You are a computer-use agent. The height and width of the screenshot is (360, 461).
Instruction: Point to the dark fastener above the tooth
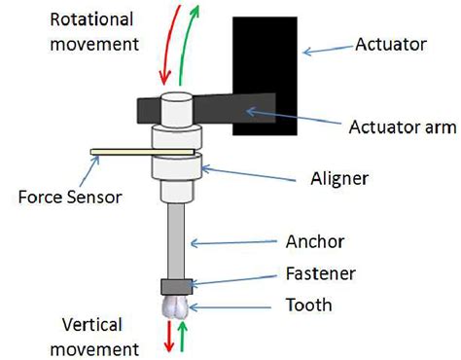pyautogui.click(x=176, y=286)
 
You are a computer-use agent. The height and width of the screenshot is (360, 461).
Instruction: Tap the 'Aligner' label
pyautogui.click(x=335, y=179)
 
